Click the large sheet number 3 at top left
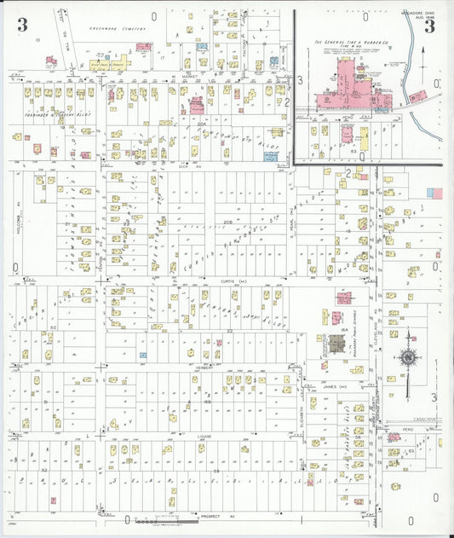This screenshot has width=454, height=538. click(21, 25)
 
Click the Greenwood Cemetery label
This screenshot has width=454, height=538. click(117, 27)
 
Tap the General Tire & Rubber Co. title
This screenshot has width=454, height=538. click(357, 42)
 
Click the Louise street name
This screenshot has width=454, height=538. click(204, 437)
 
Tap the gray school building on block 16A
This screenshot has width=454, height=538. click(336, 344)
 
